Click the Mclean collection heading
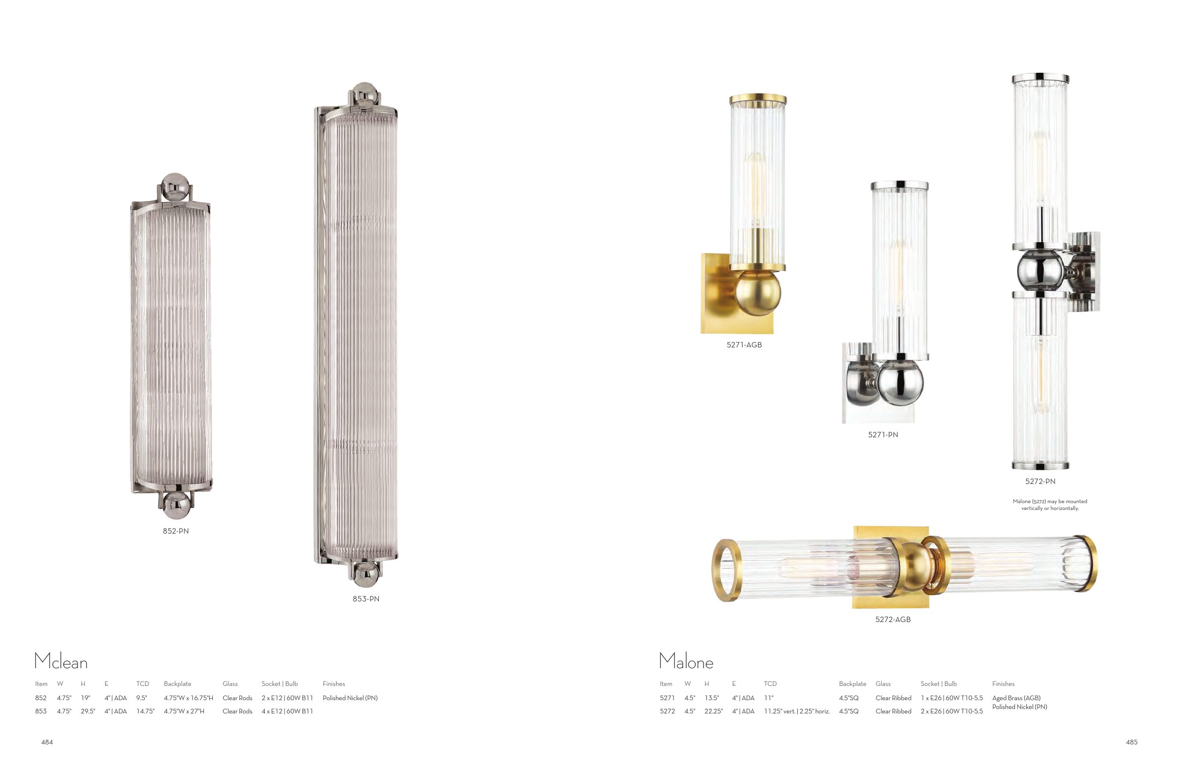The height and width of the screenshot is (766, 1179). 61,661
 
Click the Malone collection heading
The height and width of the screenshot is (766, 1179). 686,661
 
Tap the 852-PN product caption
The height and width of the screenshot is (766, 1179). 176,531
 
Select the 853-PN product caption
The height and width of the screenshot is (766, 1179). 366,599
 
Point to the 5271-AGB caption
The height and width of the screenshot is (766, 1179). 744,345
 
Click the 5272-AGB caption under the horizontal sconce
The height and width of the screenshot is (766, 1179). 893,620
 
